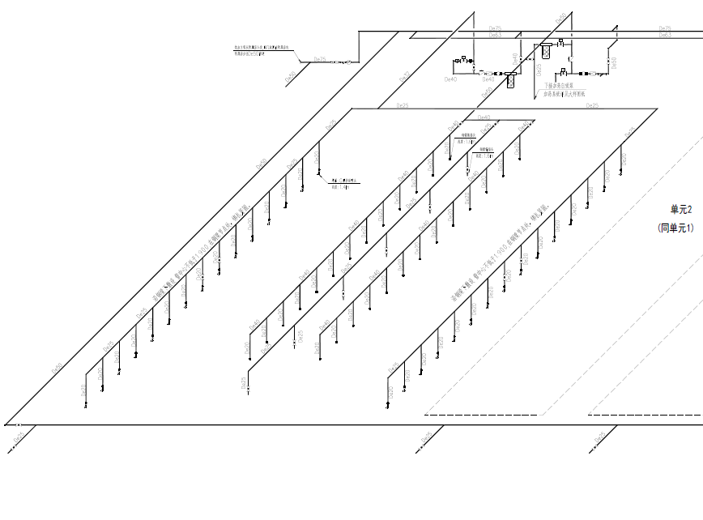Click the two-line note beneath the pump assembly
[x=559, y=89]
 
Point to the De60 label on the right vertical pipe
[x=614, y=63]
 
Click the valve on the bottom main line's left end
[x=19, y=424]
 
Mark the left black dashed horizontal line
[x=480, y=415]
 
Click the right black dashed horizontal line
[x=644, y=415]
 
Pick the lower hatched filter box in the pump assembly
[x=511, y=80]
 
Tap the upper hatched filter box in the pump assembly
[x=546, y=50]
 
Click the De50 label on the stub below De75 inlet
[x=291, y=78]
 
